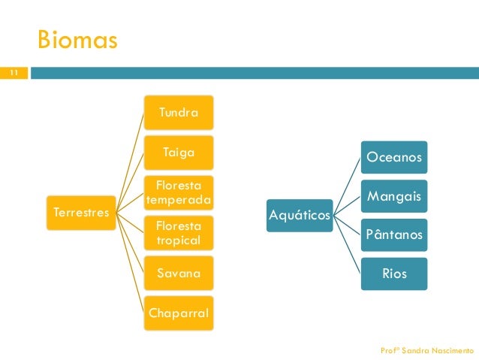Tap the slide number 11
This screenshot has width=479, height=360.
[x=13, y=73]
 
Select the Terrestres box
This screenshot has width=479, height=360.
[x=80, y=213]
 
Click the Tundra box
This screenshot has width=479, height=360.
[x=179, y=112]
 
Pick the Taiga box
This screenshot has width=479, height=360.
[x=179, y=152]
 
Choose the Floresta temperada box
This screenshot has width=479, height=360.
[x=179, y=192]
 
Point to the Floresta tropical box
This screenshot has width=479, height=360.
[x=179, y=233]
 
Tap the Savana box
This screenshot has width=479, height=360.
[x=179, y=273]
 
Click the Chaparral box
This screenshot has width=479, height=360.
[x=179, y=312]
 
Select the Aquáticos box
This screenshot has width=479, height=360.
[x=300, y=216]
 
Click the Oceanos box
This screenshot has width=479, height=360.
[x=393, y=158]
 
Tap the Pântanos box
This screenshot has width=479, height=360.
[x=393, y=234]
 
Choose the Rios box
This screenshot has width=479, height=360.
[x=393, y=274]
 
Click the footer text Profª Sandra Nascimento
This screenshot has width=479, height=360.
[x=427, y=350]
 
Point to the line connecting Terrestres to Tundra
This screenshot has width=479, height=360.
[x=131, y=162]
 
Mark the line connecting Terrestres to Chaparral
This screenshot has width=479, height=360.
[x=131, y=263]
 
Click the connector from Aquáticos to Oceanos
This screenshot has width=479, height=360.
[x=347, y=186]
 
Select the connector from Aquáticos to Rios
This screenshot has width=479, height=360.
[x=347, y=244]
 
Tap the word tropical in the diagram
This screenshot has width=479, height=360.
[x=179, y=240]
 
